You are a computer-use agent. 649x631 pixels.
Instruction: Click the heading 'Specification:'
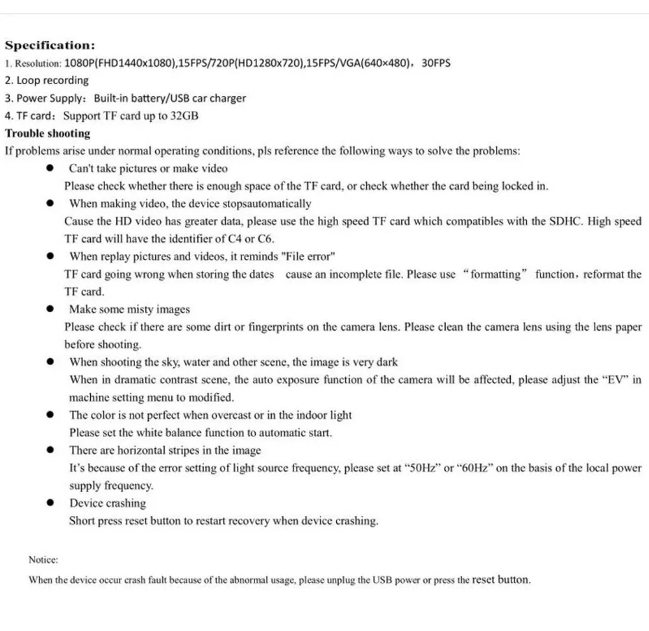point(50,45)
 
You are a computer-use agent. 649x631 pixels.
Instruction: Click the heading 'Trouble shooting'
point(48,134)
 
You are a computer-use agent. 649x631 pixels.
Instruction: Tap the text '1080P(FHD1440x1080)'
point(121,64)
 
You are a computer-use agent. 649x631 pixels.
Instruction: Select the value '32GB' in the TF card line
point(184,116)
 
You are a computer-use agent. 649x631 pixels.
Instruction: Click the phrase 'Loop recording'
point(53,81)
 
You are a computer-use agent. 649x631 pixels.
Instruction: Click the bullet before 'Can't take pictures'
point(50,169)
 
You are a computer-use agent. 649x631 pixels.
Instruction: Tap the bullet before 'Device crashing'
point(50,503)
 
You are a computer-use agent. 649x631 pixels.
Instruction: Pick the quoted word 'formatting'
point(496,274)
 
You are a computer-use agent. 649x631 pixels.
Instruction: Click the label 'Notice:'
point(43,559)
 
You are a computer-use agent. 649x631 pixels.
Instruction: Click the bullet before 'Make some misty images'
point(50,309)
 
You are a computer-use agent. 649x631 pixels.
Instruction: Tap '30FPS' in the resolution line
point(436,64)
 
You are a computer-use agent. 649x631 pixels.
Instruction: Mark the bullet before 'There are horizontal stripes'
point(50,450)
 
